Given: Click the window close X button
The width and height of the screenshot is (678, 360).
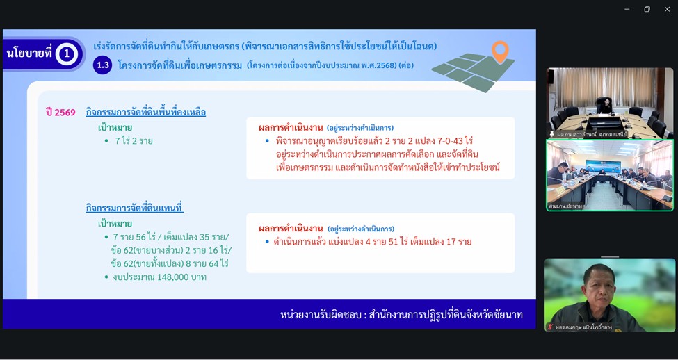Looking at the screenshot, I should pos(667,9).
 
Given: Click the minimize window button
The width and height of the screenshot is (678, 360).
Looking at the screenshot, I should pos(627,9).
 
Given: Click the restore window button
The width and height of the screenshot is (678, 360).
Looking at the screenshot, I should pos(647,9).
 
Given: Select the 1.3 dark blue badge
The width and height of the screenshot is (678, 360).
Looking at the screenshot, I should pos(103,65).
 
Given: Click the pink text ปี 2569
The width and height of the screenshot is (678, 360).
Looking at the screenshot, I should pos(60,112).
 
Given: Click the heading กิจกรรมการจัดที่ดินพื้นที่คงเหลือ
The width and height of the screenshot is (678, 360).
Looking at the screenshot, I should pos(146,112).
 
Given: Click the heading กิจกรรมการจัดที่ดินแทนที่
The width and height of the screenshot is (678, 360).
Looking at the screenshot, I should pos(135,208).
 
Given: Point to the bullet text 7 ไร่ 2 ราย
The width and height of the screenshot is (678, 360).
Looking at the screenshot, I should pos(134,141).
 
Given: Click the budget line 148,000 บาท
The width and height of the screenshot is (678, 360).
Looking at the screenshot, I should pos(159,277).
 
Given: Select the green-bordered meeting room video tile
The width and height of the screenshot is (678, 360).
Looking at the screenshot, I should pos(609,175).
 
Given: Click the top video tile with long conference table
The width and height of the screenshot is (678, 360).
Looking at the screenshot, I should pos(610,101).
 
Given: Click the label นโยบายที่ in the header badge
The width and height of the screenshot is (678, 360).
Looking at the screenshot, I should pos(29,54).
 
